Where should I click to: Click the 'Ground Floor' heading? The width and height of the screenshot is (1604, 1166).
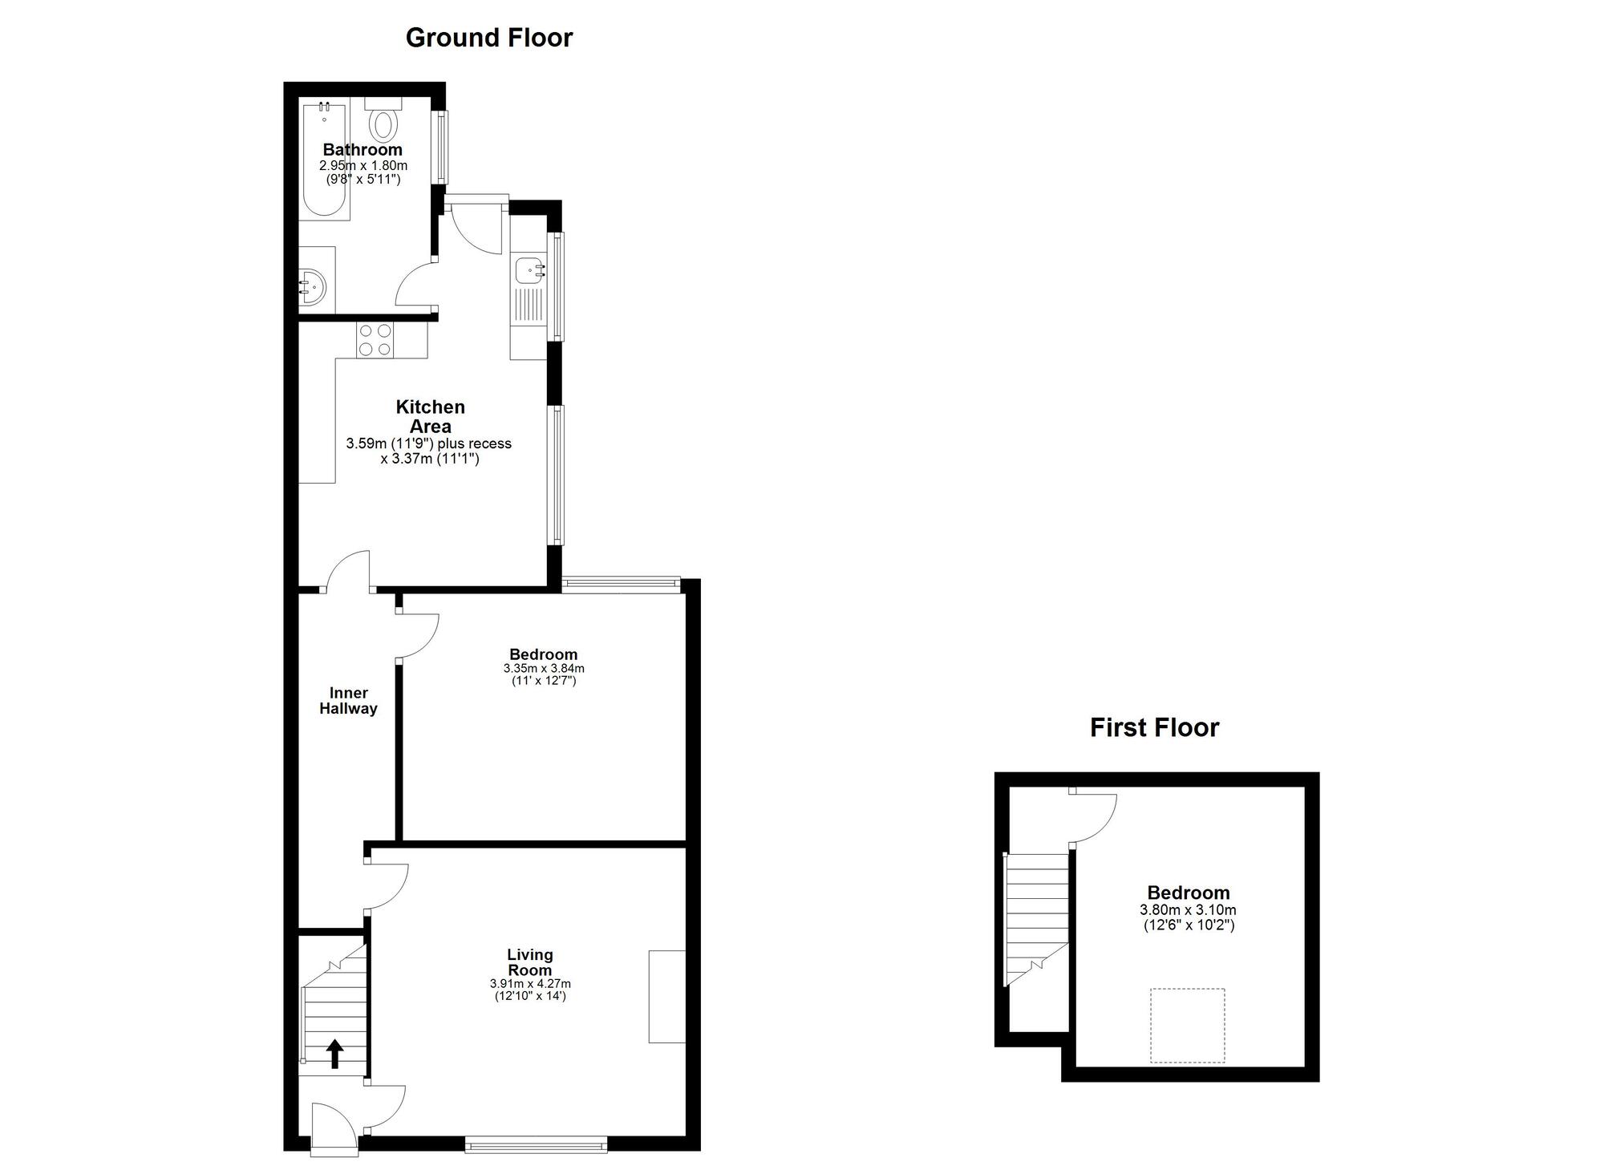pyautogui.click(x=489, y=38)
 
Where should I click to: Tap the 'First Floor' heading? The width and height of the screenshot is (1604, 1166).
pyautogui.click(x=1154, y=727)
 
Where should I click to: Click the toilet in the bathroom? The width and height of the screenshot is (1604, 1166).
pyautogui.click(x=383, y=119)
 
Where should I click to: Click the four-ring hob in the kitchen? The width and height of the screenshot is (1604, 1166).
pyautogui.click(x=375, y=339)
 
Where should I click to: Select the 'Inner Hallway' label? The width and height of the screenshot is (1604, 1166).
pyautogui.click(x=348, y=701)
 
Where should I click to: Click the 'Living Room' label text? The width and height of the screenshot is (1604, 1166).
pyautogui.click(x=530, y=962)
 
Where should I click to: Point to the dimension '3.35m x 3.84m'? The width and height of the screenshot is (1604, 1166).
pyautogui.click(x=544, y=668)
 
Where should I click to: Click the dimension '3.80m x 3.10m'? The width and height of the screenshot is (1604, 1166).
pyautogui.click(x=1188, y=910)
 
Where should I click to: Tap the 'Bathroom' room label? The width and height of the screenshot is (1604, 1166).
pyautogui.click(x=363, y=150)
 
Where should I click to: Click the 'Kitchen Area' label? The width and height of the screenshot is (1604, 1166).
pyautogui.click(x=431, y=417)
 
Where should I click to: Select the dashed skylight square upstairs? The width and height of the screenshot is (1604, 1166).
pyautogui.click(x=1188, y=1026)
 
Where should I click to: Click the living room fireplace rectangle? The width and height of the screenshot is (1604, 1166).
pyautogui.click(x=667, y=996)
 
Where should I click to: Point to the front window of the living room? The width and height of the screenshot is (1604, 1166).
pyautogui.click(x=536, y=1144)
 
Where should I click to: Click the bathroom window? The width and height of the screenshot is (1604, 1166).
pyautogui.click(x=440, y=147)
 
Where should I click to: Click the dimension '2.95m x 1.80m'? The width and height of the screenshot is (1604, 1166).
pyautogui.click(x=363, y=166)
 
